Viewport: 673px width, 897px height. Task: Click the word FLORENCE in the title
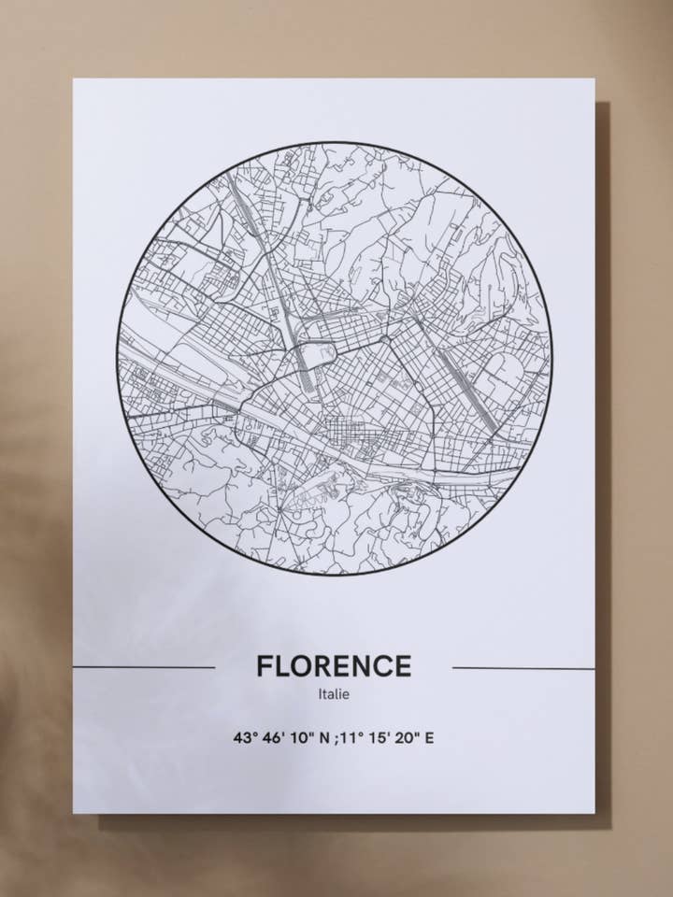coord(334,666)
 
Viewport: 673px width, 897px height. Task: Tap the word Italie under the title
coord(334,694)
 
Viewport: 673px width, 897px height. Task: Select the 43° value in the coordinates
coord(245,737)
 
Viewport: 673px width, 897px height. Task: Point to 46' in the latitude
coord(274,737)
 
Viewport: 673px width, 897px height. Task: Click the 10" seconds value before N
coord(302,737)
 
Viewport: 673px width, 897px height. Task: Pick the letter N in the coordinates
coord(324,737)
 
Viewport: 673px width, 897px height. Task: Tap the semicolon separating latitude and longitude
coord(336,738)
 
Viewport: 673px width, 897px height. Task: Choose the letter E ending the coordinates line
coord(429,737)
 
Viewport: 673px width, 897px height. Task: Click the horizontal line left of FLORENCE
coord(144,668)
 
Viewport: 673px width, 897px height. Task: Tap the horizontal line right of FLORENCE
coord(523,668)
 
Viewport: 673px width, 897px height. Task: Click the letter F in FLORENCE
coord(265,666)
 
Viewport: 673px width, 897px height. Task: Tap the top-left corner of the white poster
coord(74,79)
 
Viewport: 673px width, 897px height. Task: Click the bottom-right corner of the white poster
coord(594,812)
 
